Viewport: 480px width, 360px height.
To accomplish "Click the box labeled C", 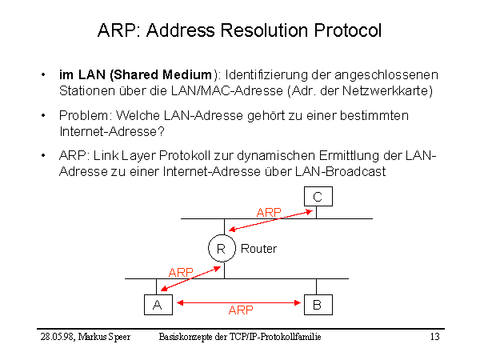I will coord(318,197).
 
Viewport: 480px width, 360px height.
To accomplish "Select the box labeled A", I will coord(158,304).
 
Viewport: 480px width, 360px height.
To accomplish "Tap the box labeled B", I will coord(318,304).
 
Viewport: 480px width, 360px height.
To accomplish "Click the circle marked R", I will coord(221,249).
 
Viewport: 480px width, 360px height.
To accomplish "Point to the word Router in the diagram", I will coord(258,249).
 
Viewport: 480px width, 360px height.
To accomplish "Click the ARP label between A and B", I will coord(241,310).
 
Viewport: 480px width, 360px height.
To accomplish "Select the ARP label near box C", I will coord(269,212).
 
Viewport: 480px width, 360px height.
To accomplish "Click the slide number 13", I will coord(434,338).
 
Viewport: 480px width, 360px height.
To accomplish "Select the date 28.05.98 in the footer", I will coord(56,338).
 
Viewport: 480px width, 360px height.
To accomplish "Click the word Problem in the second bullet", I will coord(81,116).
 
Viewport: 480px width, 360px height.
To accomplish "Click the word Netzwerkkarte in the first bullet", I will coord(389,90).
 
